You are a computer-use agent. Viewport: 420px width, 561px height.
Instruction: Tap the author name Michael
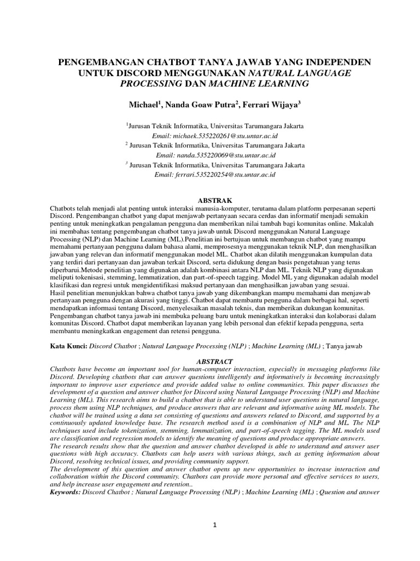point(145,104)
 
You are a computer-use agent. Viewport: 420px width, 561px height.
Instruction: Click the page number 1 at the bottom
point(215,525)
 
